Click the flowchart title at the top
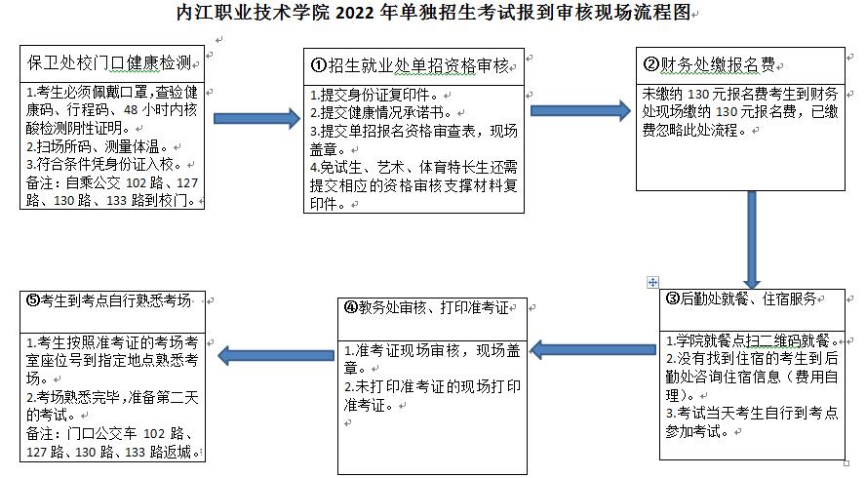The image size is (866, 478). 434,12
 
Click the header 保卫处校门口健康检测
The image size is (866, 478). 109,63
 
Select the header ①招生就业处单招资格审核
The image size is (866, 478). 410,65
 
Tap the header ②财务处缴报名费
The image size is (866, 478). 709,64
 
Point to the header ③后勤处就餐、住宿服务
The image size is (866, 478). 741,299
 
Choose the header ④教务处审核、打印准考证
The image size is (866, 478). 426,307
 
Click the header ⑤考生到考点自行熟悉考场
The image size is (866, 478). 109,300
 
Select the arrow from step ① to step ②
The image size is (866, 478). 580,110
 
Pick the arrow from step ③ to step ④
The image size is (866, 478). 593,349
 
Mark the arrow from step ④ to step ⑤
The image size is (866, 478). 276,355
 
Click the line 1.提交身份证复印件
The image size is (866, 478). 374,95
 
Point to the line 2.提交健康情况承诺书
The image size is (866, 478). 381,113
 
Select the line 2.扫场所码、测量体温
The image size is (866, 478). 98,146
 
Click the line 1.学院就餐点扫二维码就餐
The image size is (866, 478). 752,340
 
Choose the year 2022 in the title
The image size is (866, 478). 355,12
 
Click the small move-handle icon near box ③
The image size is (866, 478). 652,282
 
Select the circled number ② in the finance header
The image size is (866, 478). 651,64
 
